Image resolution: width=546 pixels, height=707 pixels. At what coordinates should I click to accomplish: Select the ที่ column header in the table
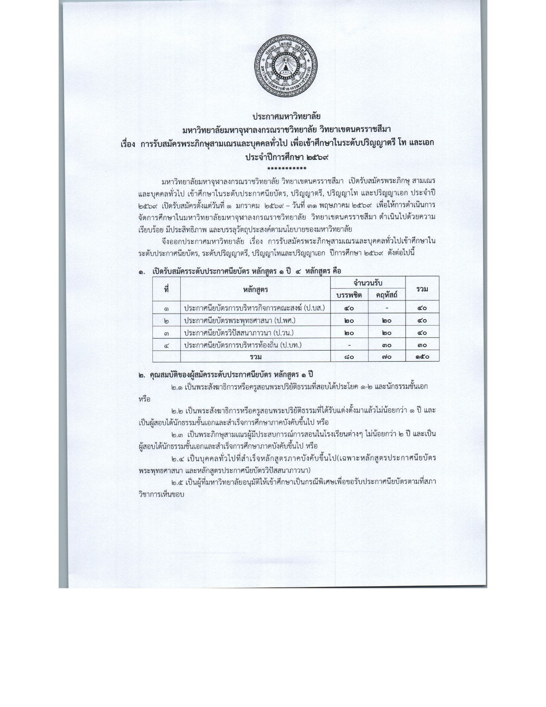point(166,289)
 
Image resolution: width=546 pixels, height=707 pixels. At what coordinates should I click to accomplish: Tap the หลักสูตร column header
point(255,289)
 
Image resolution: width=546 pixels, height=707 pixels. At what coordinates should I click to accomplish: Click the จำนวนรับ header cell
point(368,283)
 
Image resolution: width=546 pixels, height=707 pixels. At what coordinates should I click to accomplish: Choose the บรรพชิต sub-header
point(349,295)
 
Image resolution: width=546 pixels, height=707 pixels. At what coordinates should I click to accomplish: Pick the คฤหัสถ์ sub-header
point(387,295)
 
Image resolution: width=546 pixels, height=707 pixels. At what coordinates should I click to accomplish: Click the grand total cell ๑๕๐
point(422,356)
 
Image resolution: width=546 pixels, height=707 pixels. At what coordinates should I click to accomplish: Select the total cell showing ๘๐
point(349,356)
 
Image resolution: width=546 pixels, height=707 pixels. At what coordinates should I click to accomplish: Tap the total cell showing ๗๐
point(387,356)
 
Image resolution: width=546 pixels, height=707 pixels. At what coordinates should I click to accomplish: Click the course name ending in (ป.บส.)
point(255,308)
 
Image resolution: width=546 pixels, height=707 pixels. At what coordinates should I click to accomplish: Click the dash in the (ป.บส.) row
point(387,308)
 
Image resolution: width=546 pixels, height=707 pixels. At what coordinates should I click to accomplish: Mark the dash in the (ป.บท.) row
point(349,345)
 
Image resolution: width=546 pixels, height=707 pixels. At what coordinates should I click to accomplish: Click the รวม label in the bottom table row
point(256,356)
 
